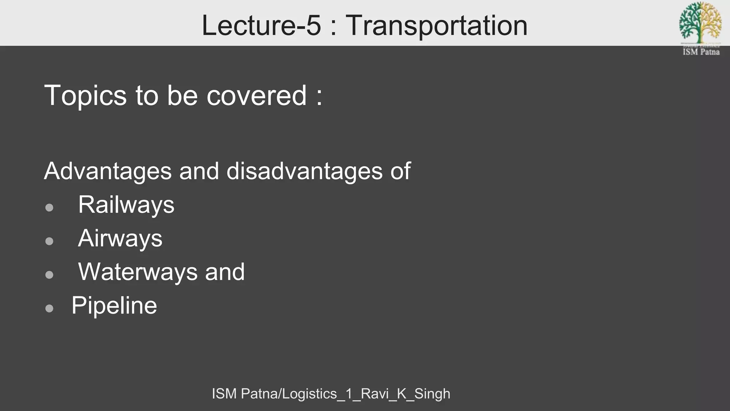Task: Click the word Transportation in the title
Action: click(x=436, y=25)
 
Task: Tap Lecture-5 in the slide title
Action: click(x=261, y=25)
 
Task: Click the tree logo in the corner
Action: click(x=700, y=22)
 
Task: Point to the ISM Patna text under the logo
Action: click(x=701, y=52)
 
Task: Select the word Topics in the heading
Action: click(x=85, y=96)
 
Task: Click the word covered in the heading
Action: click(x=257, y=96)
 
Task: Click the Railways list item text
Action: click(x=126, y=205)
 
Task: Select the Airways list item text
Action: click(x=120, y=238)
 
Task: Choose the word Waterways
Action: click(x=138, y=272)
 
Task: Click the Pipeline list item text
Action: click(x=114, y=305)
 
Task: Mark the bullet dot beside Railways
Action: click(x=50, y=208)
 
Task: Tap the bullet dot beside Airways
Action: click(x=50, y=241)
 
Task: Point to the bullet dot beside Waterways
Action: click(x=50, y=275)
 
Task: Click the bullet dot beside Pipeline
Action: click(x=50, y=308)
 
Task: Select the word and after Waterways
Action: click(x=225, y=272)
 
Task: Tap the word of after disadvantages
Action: click(x=401, y=171)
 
